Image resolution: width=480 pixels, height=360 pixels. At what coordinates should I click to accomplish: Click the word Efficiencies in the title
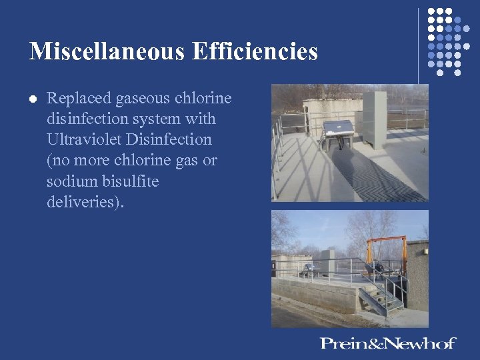pos(255,51)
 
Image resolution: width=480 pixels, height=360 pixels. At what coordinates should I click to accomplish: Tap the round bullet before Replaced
pos(33,99)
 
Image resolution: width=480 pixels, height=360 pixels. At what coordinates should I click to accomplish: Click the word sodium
pos(69,181)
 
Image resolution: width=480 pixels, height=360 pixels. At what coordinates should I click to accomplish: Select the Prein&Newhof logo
pos(387,343)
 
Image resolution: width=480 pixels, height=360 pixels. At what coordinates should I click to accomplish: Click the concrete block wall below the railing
pos(313,293)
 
